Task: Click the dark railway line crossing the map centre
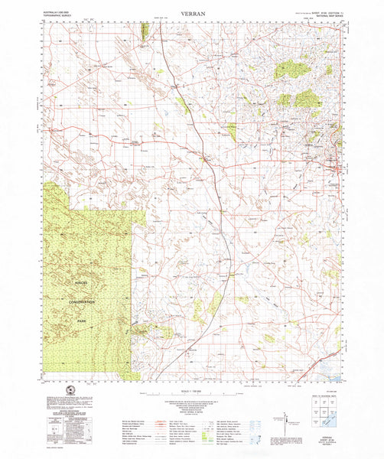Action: (x=217, y=191)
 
